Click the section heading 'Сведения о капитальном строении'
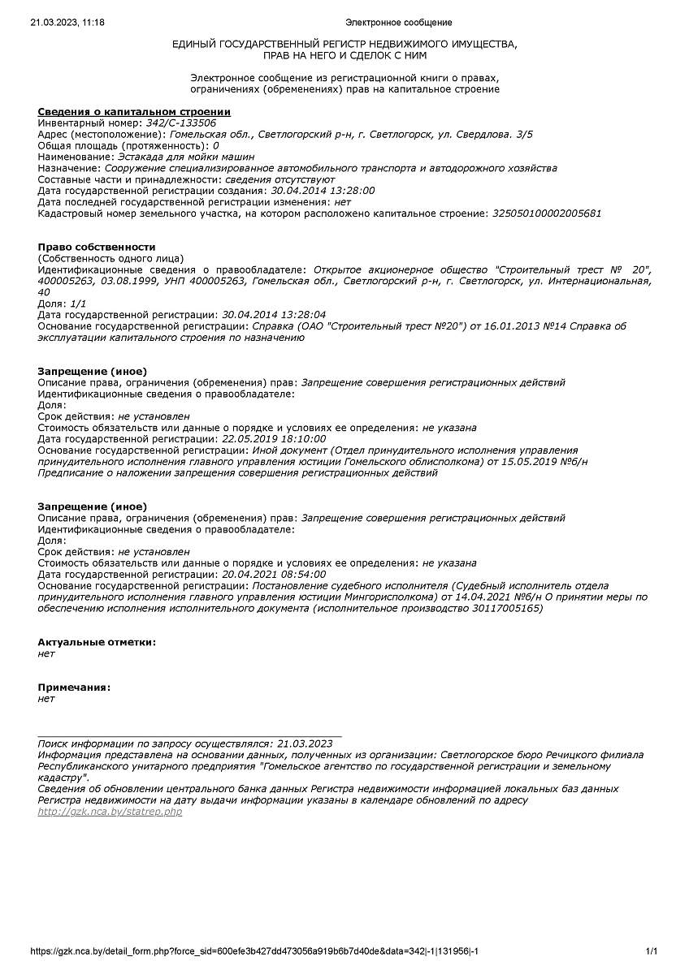[x=134, y=111]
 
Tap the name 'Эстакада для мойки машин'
[x=186, y=157]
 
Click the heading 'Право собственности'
[x=97, y=247]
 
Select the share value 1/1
[x=79, y=303]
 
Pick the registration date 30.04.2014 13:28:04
[x=274, y=314]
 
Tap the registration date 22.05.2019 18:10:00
[x=274, y=439]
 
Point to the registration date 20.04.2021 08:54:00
[x=274, y=575]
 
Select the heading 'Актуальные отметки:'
[x=97, y=642]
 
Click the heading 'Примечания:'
[x=75, y=687]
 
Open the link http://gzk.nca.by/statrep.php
[x=110, y=812]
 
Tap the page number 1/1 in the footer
[x=651, y=951]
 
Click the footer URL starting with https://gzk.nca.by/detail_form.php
[x=259, y=951]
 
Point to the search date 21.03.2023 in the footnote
[x=305, y=743]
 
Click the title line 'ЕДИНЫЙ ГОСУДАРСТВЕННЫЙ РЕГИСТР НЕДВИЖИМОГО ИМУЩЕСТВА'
[x=344, y=44]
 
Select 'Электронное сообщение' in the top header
[x=398, y=23]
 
